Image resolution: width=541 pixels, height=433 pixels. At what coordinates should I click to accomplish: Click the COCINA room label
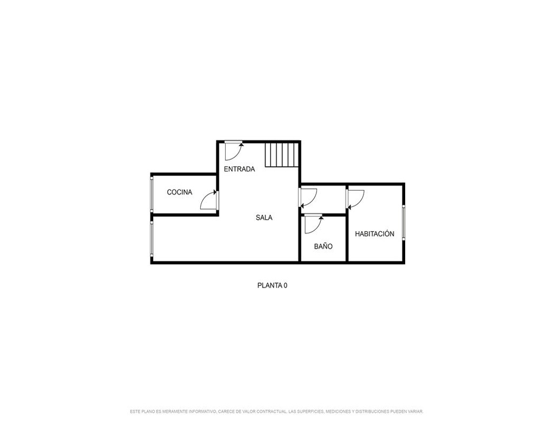pos(180,192)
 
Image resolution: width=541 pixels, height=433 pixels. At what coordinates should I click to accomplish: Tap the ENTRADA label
pos(240,169)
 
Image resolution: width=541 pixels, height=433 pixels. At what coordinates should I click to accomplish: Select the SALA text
pos(264,218)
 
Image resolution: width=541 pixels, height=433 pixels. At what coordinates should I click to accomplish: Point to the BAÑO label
pos(324,246)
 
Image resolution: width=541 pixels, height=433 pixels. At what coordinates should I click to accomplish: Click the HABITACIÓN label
pos(374,234)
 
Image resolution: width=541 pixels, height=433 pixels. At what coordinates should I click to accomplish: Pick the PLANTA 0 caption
pos(272,286)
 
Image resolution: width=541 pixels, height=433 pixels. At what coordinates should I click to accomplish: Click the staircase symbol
pos(281,154)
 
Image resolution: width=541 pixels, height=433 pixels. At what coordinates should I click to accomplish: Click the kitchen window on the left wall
pos(152,193)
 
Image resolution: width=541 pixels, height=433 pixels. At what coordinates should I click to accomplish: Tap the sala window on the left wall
pos(152,239)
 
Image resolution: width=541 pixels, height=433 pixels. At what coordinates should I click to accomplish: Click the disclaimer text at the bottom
pos(276,411)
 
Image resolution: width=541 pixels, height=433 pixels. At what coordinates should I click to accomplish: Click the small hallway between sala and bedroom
pos(324,200)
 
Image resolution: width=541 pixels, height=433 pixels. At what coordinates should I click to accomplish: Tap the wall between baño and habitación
pos(347,238)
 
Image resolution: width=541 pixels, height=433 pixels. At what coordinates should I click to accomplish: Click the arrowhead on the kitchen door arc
pos(215,192)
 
